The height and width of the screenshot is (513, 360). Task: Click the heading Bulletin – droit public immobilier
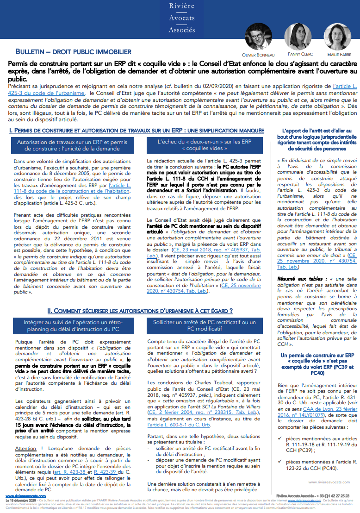(x=74, y=52)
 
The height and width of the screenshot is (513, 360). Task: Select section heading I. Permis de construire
(x=137, y=131)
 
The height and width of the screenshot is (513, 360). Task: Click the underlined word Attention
(x=25, y=449)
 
